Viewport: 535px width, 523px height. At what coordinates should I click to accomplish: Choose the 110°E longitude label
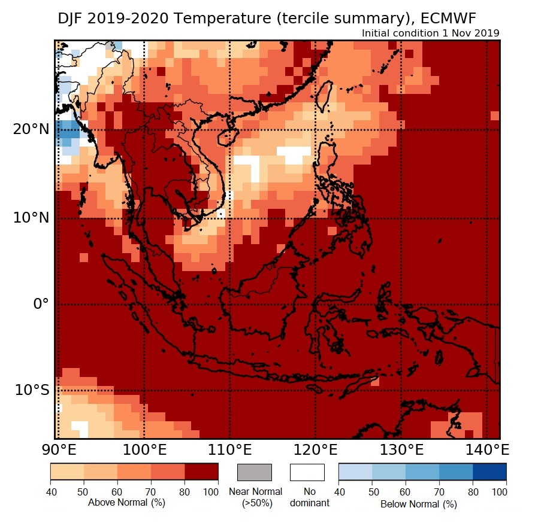[230, 449]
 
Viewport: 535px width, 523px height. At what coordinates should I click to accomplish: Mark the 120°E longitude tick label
[316, 449]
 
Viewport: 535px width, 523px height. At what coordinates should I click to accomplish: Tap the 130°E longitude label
[402, 449]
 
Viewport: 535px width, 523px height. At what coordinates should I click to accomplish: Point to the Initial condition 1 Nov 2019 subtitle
[431, 33]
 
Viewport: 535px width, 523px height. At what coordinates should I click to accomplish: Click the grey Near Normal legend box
[255, 472]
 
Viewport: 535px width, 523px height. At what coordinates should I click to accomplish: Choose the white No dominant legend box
[307, 472]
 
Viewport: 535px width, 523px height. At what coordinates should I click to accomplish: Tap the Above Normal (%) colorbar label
[126, 503]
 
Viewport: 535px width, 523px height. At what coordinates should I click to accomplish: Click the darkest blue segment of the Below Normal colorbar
[489, 472]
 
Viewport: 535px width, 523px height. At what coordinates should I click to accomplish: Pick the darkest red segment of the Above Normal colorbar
[201, 472]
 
